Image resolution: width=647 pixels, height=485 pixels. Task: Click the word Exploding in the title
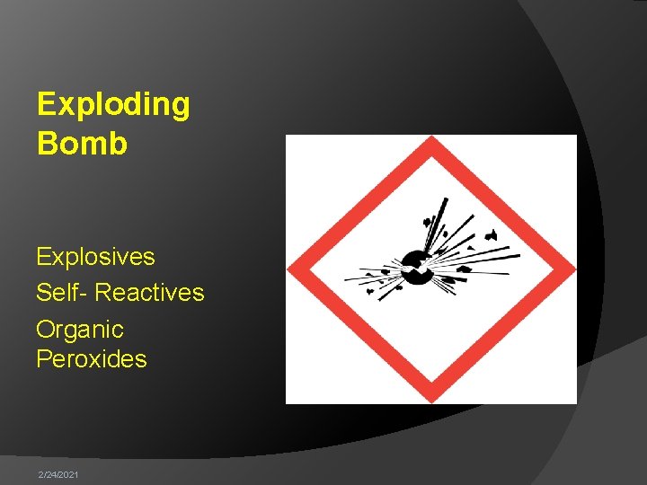tap(113, 105)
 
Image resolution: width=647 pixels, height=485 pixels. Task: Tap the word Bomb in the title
tap(82, 144)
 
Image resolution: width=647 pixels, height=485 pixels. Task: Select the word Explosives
tap(95, 257)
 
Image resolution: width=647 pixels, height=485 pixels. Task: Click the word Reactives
tap(149, 293)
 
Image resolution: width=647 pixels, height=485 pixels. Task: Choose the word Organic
tap(79, 331)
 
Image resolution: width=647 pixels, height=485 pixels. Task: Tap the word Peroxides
tap(91, 359)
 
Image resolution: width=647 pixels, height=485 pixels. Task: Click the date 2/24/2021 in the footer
tap(58, 473)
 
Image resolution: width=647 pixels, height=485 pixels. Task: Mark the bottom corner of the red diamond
tap(431, 398)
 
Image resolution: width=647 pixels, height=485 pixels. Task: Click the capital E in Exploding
tap(45, 105)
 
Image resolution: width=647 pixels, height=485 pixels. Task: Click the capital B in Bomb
tap(46, 144)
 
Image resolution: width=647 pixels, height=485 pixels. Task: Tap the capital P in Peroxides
tap(43, 359)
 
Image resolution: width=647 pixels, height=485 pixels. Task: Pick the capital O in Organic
tap(45, 330)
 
